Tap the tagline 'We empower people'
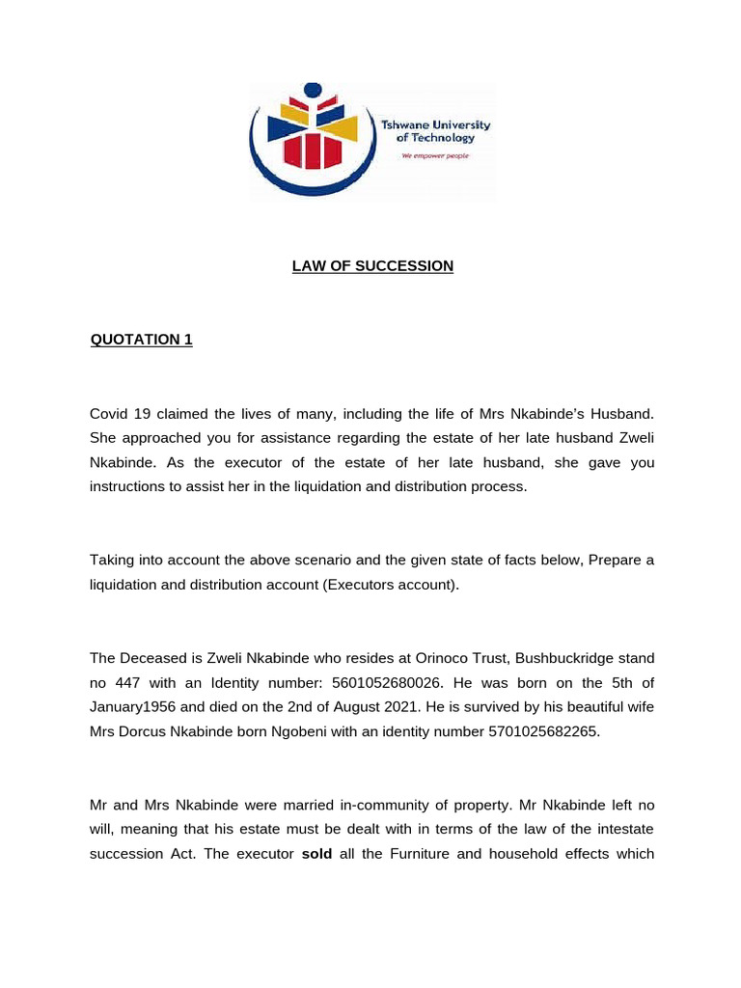tap(435, 156)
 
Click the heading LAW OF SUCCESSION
tap(372, 265)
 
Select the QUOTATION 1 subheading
tap(141, 340)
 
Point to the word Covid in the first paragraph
tap(110, 413)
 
